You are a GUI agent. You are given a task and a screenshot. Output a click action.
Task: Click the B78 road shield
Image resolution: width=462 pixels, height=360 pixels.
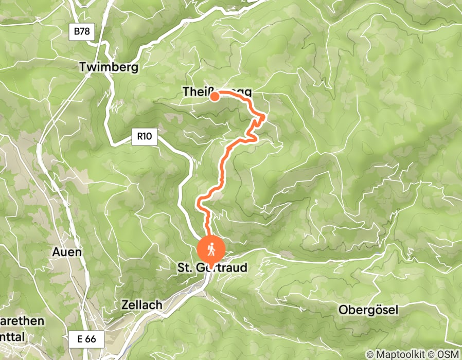pos(81,32)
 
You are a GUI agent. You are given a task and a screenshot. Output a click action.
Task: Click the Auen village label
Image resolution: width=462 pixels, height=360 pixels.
pos(67,252)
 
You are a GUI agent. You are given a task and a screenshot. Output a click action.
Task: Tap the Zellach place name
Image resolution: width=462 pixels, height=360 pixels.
pos(141,304)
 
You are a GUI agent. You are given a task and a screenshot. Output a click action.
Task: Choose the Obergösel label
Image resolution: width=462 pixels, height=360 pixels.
pos(368,310)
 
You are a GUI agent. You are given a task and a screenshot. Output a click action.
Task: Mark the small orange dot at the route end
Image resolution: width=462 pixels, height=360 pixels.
pos(213,95)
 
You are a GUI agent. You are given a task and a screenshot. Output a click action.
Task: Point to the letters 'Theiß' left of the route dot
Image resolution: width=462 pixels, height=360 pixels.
pos(196,92)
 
